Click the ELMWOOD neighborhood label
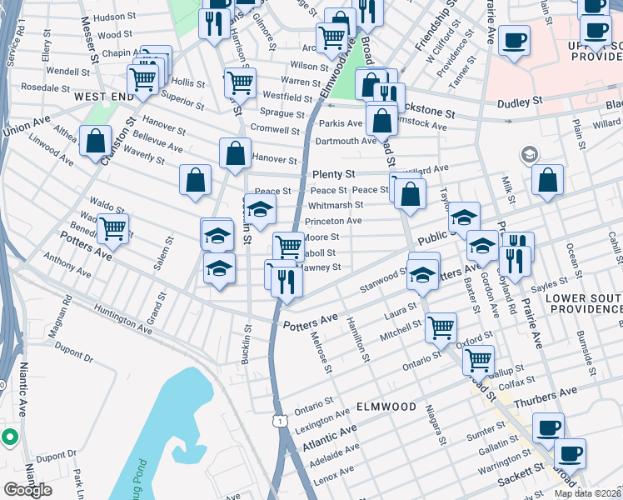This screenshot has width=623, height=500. [386, 407]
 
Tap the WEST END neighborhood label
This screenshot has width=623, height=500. [104, 97]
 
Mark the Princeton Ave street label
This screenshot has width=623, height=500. [333, 222]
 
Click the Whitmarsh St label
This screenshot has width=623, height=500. [335, 205]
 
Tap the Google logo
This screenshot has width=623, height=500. [27, 490]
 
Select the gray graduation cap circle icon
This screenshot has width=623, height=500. [528, 154]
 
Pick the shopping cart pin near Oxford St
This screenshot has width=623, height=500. [478, 360]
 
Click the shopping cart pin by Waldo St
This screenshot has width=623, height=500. [112, 228]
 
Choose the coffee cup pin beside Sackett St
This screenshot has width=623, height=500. [571, 453]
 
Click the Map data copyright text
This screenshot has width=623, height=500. [587, 493]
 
